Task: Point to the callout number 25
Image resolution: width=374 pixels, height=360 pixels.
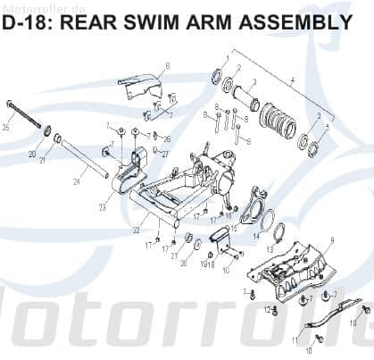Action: (6, 127)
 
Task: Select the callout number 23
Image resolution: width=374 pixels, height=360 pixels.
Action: (102, 207)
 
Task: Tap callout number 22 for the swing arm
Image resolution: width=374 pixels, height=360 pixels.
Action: (136, 230)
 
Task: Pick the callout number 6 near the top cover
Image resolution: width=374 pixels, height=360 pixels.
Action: (167, 65)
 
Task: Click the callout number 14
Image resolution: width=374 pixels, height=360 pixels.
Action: (256, 237)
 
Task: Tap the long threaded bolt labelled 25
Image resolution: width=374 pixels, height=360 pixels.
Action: (27, 113)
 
